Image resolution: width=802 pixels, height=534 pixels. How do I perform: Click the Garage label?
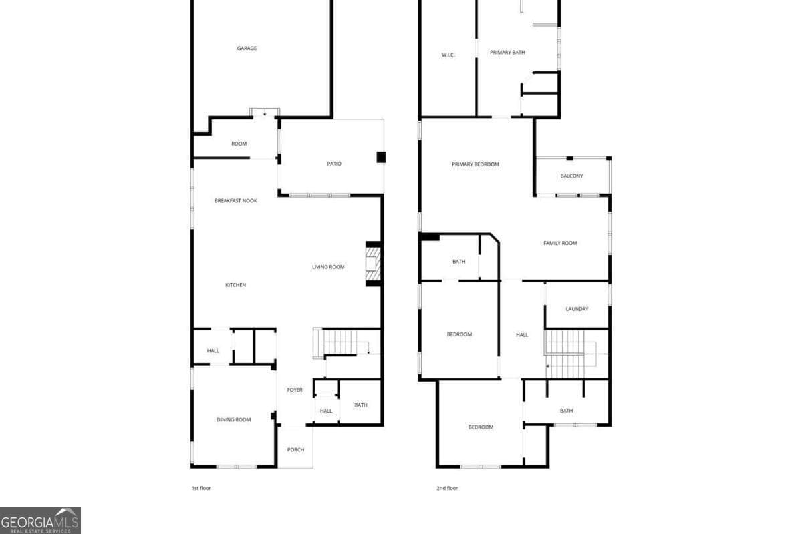pos(247,48)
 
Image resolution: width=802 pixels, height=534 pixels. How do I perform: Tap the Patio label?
pos(334,164)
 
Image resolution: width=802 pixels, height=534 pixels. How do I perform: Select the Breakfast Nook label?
pos(235,201)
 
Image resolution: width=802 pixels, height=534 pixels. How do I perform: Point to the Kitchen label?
pos(235,285)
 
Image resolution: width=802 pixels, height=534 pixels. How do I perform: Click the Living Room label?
pos(328,267)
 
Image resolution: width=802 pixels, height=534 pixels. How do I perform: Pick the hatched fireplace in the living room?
pos(373,264)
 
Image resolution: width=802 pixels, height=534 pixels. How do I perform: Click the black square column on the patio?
pos(381,157)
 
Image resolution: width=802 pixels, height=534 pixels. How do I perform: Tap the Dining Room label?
pos(234,420)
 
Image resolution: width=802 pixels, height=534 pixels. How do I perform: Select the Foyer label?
pos(295,390)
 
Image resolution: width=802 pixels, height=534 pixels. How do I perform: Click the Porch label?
pos(295,450)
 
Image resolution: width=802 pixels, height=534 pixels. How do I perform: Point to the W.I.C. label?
pos(448,55)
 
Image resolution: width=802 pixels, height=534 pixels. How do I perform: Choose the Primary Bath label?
pos(507,53)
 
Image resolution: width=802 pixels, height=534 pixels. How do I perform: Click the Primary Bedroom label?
pos(475,164)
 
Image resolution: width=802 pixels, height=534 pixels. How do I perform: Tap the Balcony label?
pos(572,176)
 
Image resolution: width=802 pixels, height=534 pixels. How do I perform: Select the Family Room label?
pos(560,243)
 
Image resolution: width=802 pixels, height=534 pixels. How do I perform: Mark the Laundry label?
pos(577,309)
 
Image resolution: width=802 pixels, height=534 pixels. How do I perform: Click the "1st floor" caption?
pos(201,488)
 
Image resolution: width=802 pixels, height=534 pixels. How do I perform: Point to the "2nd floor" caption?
pos(447,488)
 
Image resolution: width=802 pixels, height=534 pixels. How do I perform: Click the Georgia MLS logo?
pos(40,521)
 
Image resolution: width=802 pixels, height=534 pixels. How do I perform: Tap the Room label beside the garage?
pos(239,144)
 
